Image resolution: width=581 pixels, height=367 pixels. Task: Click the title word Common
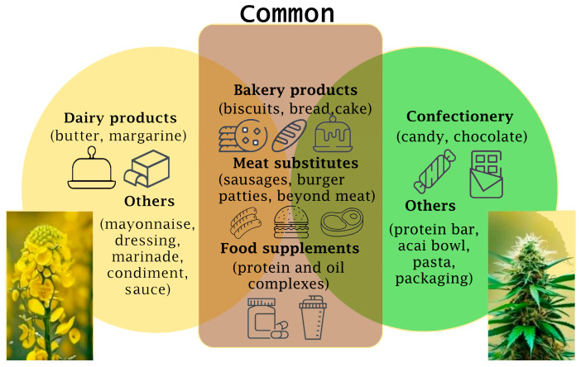coord(287,13)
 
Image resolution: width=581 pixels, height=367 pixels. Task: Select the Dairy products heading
coord(121,118)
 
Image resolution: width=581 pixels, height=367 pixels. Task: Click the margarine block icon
coord(146,169)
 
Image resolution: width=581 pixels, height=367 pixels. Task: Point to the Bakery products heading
coord(295,90)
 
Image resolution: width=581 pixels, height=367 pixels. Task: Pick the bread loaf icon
coord(290,136)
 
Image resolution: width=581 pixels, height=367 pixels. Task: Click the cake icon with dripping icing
coord(333,133)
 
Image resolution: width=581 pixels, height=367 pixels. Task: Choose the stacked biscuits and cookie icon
coord(243,136)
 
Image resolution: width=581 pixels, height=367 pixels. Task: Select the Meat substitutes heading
coord(295,163)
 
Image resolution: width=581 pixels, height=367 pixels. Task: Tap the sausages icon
coord(245,222)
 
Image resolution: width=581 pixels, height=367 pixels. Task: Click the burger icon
coord(291,222)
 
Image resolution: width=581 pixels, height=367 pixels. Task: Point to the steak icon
coord(342,222)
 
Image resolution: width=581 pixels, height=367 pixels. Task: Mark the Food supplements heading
coord(290,248)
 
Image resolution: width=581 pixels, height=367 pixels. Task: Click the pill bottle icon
coord(267,319)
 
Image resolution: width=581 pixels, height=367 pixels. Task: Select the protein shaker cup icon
coord(313,317)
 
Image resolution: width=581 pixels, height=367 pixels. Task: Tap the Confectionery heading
coord(460,117)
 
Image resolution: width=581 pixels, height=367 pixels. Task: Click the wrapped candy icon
coord(435,171)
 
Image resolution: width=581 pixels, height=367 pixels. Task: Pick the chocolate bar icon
coord(487,174)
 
